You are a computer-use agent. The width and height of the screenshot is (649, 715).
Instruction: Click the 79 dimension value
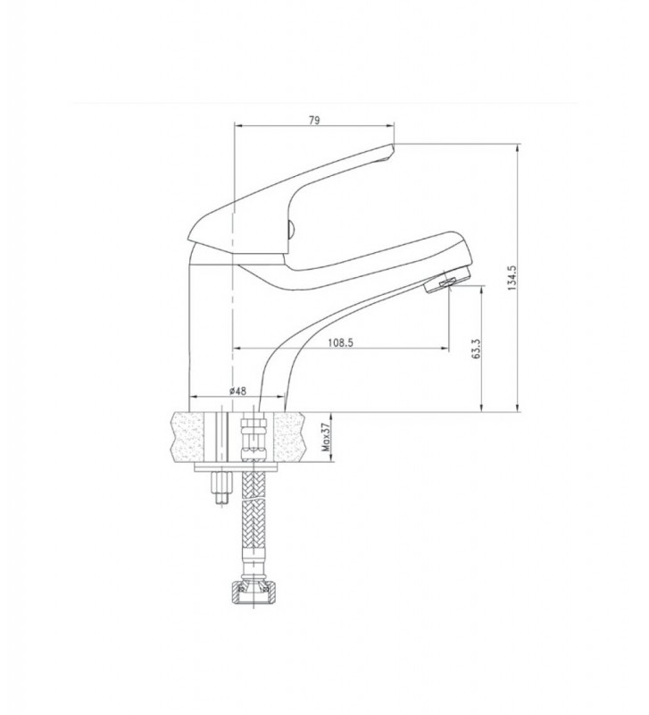point(314,121)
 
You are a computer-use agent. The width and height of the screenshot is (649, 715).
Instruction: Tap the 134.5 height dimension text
point(512,278)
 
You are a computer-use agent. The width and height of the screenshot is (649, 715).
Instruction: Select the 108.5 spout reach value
point(341,342)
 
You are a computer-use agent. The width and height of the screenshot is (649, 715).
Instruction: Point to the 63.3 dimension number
point(477,349)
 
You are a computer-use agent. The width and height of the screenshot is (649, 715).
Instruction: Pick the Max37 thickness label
point(325,437)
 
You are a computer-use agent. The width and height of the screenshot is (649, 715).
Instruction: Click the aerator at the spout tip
point(446,279)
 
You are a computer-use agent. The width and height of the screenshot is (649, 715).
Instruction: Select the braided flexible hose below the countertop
point(253,509)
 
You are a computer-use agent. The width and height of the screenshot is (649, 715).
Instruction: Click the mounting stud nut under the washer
point(221,489)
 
